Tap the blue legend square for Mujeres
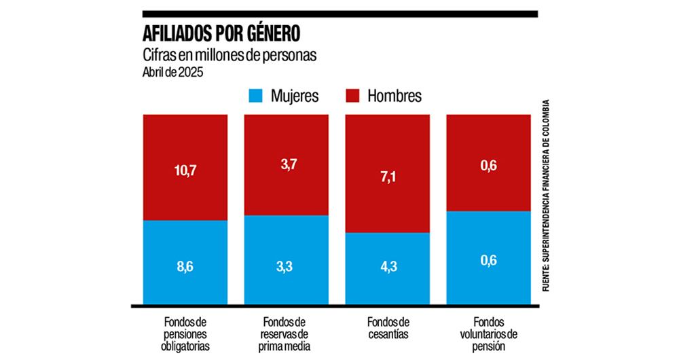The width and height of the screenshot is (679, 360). click(257, 96)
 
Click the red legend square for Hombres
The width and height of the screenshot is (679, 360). click(353, 96)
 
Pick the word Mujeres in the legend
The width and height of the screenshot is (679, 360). click(295, 96)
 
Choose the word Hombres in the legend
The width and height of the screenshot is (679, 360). click(394, 96)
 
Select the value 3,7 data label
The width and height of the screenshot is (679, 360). click(286, 164)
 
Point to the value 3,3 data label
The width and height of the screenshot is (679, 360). click(286, 268)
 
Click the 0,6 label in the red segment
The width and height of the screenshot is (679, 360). click(488, 164)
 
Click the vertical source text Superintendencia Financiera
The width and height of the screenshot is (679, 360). click(546, 197)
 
